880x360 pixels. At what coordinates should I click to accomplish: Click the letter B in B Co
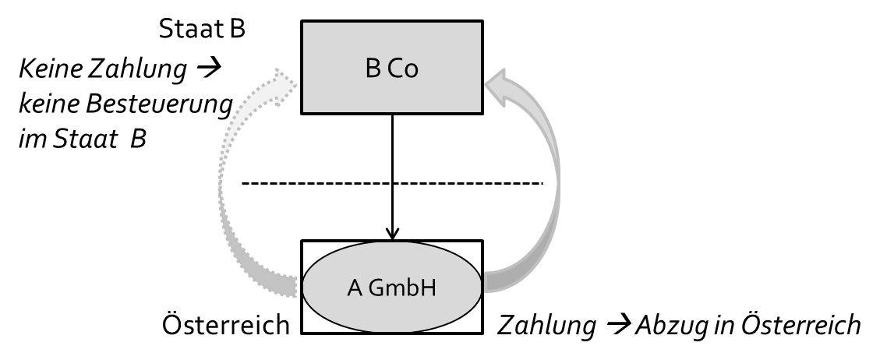click(x=373, y=69)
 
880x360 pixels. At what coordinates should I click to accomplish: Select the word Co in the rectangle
click(x=402, y=69)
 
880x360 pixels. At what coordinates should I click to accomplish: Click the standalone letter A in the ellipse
click(x=355, y=288)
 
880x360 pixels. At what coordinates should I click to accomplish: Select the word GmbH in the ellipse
click(x=403, y=288)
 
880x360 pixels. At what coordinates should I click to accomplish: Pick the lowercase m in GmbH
click(x=395, y=290)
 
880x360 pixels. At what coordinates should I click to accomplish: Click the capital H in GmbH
click(x=427, y=288)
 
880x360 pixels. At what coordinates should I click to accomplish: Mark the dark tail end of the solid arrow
click(x=491, y=282)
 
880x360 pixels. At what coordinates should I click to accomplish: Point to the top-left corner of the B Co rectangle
click(x=304, y=23)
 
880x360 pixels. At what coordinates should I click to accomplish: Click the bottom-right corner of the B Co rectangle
click(x=479, y=111)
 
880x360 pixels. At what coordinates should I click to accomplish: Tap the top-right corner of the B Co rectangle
click(x=479, y=23)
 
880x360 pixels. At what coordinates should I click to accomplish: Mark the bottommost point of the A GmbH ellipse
click(x=391, y=332)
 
